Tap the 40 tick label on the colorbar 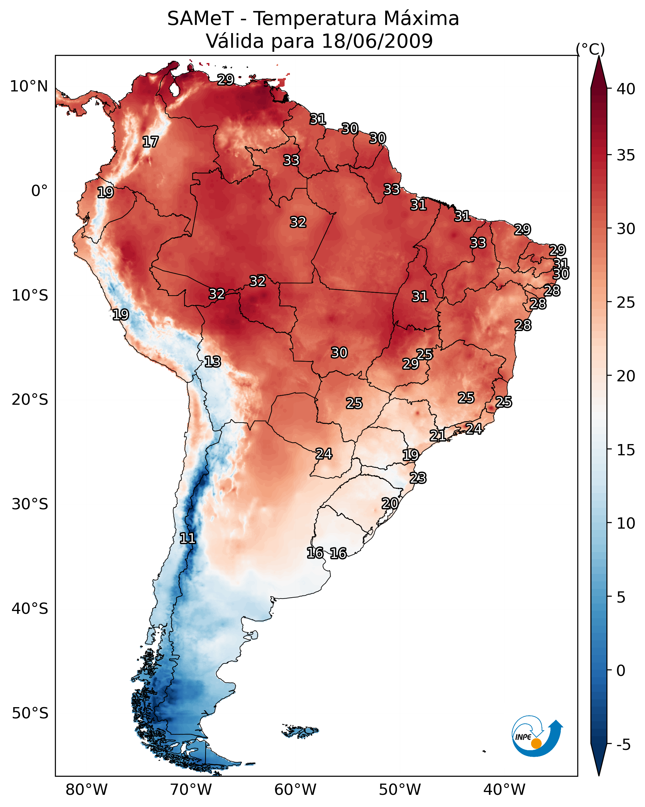626,89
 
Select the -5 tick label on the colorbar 624,745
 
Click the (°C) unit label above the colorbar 590,49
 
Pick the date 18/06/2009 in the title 377,41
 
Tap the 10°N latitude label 29,86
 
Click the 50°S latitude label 30,713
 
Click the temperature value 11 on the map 188,538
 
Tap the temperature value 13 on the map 213,362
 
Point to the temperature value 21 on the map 437,435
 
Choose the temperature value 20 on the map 390,503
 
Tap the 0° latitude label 40,191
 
